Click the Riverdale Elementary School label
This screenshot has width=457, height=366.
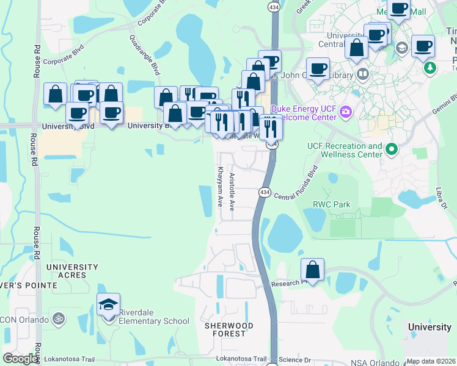[154, 317]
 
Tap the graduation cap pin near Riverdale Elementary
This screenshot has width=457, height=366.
[109, 304]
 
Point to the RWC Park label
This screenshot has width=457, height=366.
[332, 204]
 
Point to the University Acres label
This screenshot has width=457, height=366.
[72, 271]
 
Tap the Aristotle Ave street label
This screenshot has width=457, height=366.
[232, 192]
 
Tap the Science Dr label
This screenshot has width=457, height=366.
[296, 360]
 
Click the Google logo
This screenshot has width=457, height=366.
[21, 359]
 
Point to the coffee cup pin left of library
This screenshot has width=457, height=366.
[317, 68]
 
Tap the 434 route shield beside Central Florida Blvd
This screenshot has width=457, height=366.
[265, 192]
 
